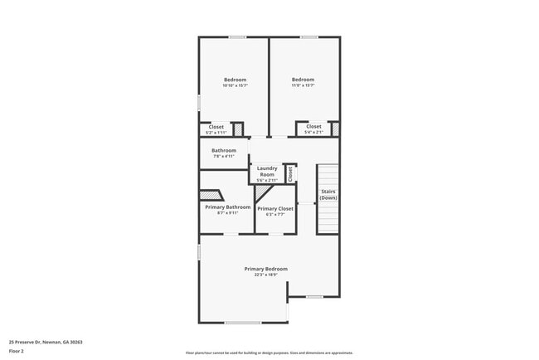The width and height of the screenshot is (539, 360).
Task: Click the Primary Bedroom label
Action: (x=265, y=269)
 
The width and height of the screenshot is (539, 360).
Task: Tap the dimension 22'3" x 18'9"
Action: (x=265, y=275)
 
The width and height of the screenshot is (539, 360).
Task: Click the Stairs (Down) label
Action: (x=328, y=195)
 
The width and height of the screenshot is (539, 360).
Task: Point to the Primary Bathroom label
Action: (x=222, y=207)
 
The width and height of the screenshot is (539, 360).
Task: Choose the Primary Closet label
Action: (x=275, y=208)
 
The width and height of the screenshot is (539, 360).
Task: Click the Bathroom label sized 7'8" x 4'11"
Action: (x=224, y=150)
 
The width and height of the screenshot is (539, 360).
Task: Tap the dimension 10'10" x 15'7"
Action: (x=234, y=86)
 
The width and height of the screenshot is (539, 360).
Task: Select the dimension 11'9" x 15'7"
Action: (x=303, y=86)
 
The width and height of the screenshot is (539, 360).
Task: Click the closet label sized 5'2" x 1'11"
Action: (x=216, y=127)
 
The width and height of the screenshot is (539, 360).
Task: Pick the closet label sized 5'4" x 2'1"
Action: (x=313, y=127)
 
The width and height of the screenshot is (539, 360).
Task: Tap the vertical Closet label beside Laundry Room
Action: (x=290, y=174)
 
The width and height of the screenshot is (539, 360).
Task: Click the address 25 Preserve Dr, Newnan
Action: (x=46, y=341)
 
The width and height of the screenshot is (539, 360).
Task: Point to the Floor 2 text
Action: (x=17, y=352)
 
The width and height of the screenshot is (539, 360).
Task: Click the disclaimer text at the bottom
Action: (x=269, y=353)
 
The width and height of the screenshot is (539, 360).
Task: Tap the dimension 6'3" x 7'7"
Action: (x=275, y=214)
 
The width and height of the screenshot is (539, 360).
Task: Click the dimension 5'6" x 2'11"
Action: (x=267, y=180)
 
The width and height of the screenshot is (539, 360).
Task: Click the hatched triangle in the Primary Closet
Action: (x=263, y=192)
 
